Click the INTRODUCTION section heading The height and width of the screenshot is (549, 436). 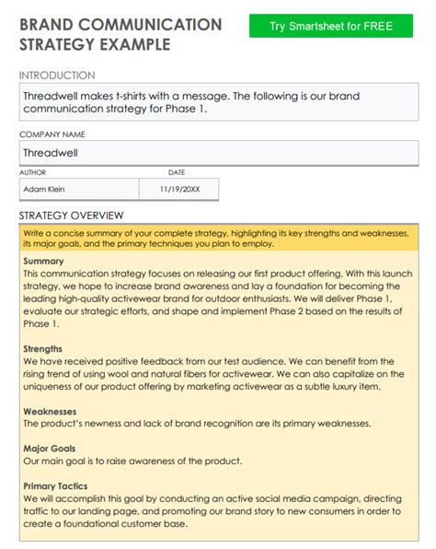(x=56, y=76)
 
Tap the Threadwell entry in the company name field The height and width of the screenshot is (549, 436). (x=52, y=153)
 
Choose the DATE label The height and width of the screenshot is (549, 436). (x=177, y=172)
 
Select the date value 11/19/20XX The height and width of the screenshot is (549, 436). (x=178, y=190)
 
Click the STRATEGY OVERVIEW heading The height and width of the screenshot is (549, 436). (x=71, y=216)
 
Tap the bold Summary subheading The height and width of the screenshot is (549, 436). (x=43, y=262)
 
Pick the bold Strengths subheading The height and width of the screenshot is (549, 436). (x=43, y=349)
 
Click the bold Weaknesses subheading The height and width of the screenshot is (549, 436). (x=50, y=412)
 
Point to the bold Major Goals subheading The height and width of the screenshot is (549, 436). (x=51, y=449)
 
